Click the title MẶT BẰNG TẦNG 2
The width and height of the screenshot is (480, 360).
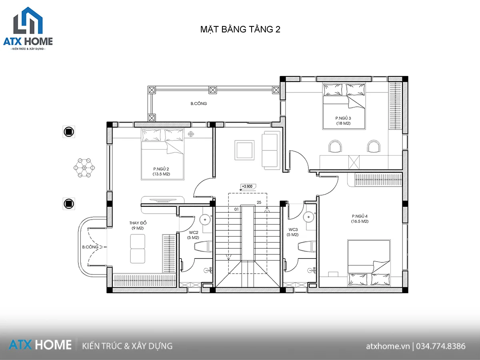pos(240,30)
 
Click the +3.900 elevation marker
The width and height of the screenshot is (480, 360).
pos(247,186)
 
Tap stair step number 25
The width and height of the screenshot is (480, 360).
pos(259,202)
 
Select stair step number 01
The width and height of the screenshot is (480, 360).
pos(236,209)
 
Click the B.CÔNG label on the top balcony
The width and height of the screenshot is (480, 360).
pos(198,103)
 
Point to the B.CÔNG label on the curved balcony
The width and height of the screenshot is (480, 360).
pos(90,247)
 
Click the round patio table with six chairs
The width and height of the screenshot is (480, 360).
pos(84,168)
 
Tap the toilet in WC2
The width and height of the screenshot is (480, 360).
pos(203,246)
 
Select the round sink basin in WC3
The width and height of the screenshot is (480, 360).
pos(308,217)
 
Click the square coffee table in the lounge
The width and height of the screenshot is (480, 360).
pos(244,150)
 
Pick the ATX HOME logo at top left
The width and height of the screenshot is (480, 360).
pos(28,29)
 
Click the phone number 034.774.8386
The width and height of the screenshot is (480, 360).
pos(441,346)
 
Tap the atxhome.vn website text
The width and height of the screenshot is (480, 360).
pos(388,346)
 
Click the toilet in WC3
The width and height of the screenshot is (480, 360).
pos(307,246)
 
